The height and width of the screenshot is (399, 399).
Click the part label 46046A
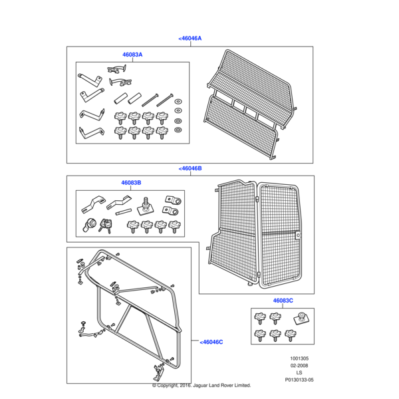pos(190,39)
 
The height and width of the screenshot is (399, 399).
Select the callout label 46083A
pos(132,55)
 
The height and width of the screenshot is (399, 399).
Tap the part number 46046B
pos(190,168)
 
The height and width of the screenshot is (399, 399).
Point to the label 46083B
pos(131,183)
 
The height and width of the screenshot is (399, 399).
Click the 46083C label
pos(283,301)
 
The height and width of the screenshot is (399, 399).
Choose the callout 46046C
pos(211,342)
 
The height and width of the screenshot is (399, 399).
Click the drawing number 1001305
pos(299,358)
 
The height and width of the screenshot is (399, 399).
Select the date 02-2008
pos(299,366)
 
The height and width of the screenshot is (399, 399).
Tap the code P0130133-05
pos(299,380)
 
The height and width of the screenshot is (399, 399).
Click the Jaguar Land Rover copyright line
pos(201,386)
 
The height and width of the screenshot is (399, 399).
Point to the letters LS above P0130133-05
pos(299,373)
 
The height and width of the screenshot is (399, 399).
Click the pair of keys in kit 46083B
pos(105,225)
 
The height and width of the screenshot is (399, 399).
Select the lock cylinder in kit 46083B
pos(90,225)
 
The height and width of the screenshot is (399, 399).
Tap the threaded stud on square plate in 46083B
pos(145,207)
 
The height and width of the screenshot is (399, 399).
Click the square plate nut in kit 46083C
pos(301,319)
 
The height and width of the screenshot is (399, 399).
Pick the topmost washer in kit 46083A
pos(178,102)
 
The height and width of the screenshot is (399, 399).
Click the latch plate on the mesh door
pos(297,235)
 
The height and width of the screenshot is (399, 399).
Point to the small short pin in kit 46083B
pos(124,211)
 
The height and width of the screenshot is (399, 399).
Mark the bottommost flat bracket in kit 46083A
pos(92,132)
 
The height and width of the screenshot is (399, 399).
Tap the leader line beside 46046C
pos(195,340)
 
